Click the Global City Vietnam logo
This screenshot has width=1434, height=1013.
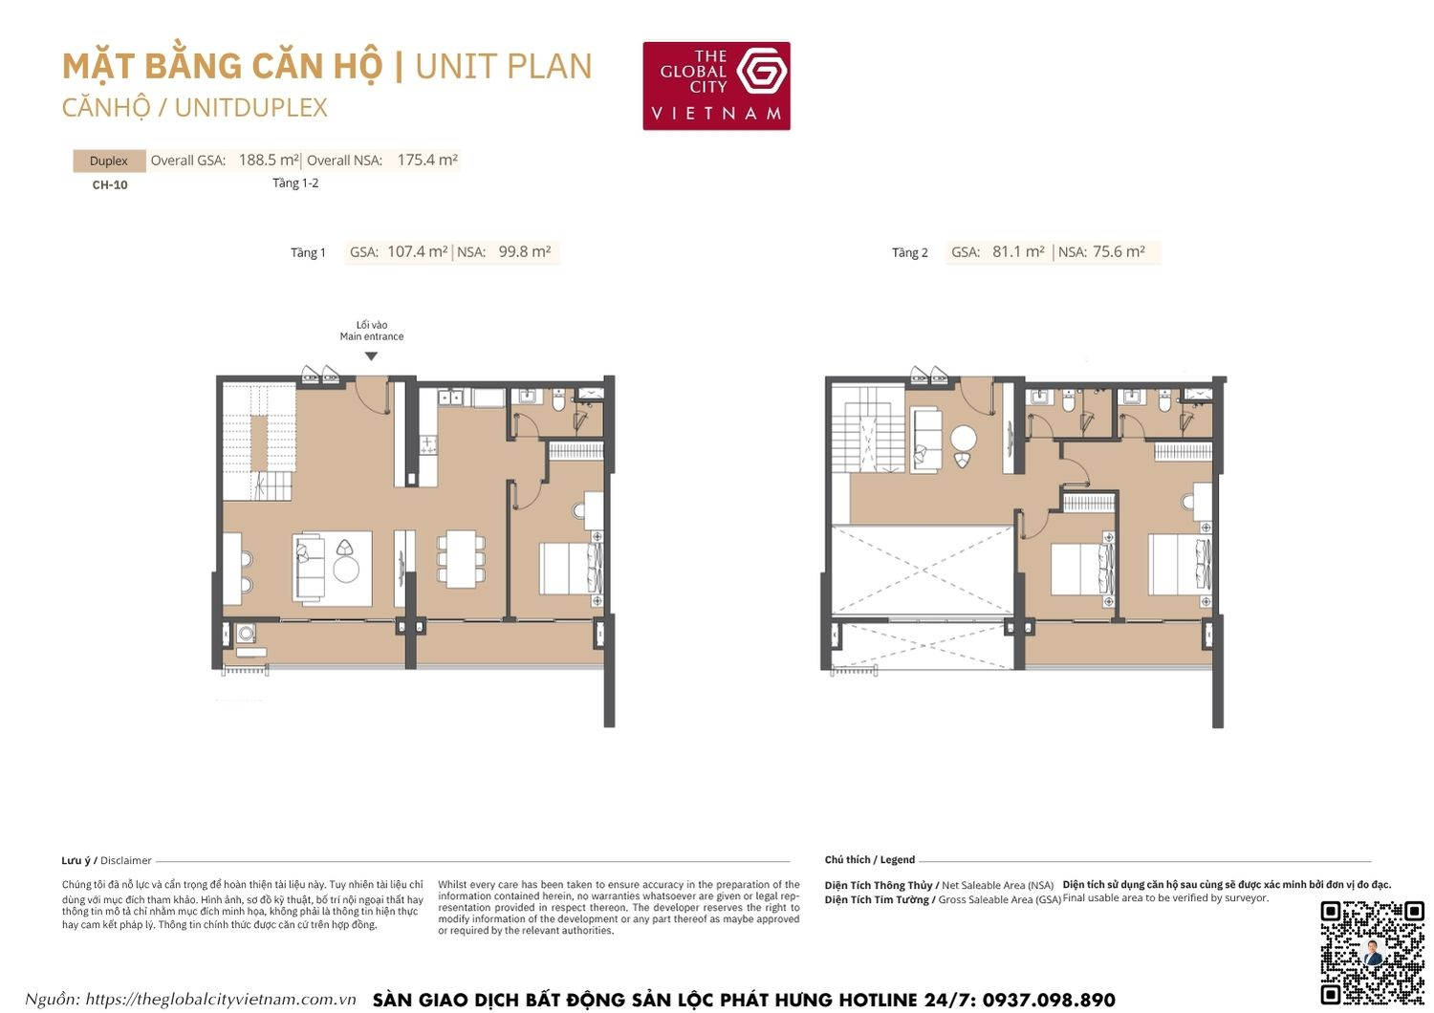[716, 85]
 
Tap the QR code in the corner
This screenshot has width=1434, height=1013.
[1372, 952]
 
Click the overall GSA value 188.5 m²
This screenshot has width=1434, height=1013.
[268, 161]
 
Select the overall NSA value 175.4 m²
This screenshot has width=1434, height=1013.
[426, 161]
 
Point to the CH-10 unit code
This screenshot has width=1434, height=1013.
[110, 185]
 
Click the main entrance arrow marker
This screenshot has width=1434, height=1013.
[371, 356]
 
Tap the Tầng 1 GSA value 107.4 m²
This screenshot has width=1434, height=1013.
[417, 252]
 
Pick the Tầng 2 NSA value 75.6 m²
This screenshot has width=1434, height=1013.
[1119, 252]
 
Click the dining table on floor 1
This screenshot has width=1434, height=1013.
[461, 559]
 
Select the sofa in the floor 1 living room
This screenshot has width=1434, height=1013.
[309, 568]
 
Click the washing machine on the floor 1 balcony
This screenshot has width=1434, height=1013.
[247, 633]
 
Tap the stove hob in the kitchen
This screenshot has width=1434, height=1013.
[428, 444]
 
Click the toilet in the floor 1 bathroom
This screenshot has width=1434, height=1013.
[558, 399]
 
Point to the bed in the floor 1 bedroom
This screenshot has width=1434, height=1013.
[570, 569]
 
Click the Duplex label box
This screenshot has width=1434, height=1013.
[109, 161]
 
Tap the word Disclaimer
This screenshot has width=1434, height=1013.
[126, 861]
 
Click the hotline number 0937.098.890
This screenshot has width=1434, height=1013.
[1049, 1000]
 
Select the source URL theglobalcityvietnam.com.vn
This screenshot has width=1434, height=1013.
[221, 1000]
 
